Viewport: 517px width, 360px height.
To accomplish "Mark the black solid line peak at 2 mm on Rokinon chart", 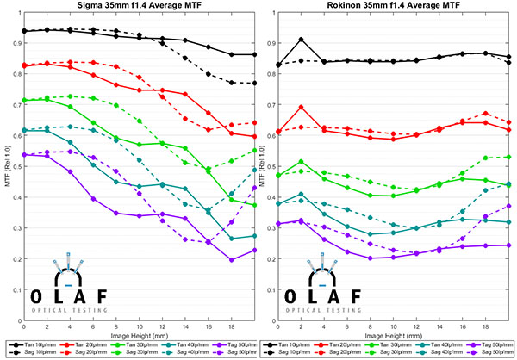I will click(x=301, y=39).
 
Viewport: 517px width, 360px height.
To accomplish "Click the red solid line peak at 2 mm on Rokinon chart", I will click(x=301, y=108).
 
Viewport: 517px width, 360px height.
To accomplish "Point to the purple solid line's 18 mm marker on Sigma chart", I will click(x=231, y=259).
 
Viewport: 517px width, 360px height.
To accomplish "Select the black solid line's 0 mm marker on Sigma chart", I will click(x=23, y=31).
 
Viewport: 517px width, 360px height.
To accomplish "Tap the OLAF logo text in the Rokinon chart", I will click(x=325, y=295).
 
